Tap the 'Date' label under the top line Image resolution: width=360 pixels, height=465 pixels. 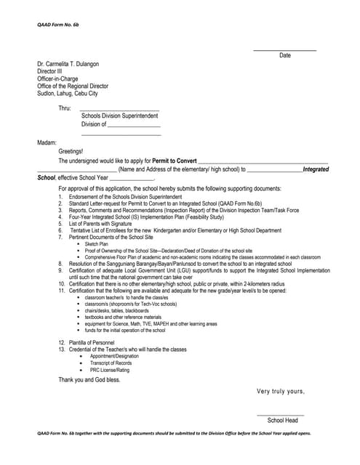tap(285, 56)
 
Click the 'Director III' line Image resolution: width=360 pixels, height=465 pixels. tap(49, 72)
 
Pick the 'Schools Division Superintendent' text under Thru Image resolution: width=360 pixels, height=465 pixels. tap(119, 116)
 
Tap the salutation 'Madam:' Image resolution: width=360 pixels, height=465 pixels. tap(47, 142)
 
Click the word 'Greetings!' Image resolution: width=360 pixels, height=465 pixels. tap(71, 151)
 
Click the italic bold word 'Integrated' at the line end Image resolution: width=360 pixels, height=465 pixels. tap(316, 169)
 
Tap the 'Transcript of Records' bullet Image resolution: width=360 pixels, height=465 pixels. tap(116, 363)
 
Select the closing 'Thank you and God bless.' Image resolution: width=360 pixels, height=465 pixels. tap(89, 379)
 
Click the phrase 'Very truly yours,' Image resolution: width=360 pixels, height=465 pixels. tap(281, 392)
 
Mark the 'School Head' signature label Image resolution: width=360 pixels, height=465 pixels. tap(283, 421)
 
